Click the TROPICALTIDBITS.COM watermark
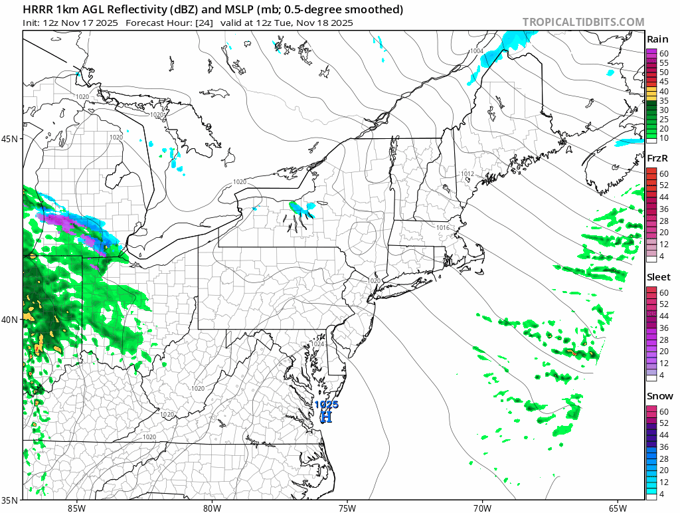(583, 22)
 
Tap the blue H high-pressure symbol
(326, 417)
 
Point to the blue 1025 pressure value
(327, 404)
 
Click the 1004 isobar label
(476, 51)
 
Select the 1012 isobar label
(467, 174)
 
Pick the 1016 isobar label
(444, 228)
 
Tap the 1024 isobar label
(318, 344)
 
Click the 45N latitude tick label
(11, 139)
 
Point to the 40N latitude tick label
(11, 320)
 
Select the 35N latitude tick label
(11, 500)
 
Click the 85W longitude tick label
(76, 508)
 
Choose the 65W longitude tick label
(617, 508)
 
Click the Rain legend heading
(657, 40)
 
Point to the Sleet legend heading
(659, 277)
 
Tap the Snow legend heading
(659, 396)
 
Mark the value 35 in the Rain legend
(663, 100)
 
